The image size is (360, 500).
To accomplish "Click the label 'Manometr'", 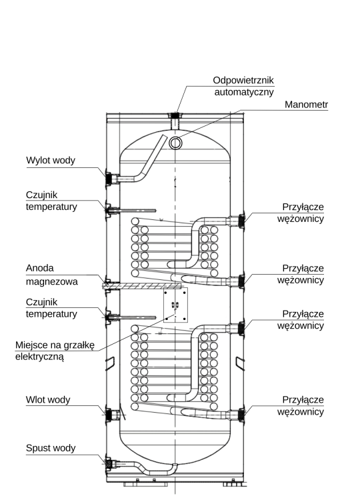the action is [306, 105].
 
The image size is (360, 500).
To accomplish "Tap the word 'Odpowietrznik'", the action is [243, 80].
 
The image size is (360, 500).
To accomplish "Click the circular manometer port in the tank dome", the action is [175, 143].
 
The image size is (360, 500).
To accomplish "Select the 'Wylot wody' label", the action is [51, 160].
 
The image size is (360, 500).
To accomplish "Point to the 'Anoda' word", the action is [39, 268].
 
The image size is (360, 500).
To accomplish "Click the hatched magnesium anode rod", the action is [141, 286].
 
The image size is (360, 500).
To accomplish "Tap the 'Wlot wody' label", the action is [48, 400].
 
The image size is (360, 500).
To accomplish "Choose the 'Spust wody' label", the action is [51, 448].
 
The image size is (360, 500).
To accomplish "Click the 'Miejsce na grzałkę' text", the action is [55, 345].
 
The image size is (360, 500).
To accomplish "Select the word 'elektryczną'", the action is [39, 357].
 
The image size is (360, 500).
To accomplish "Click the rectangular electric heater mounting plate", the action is [175, 305].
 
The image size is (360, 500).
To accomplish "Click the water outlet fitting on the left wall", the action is [111, 178].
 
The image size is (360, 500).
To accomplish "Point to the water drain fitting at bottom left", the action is [111, 463].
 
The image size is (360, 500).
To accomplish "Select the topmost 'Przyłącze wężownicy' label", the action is [301, 213].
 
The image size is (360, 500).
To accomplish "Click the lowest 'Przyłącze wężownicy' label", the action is [301, 405].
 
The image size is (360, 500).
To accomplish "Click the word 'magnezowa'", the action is [51, 281].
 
